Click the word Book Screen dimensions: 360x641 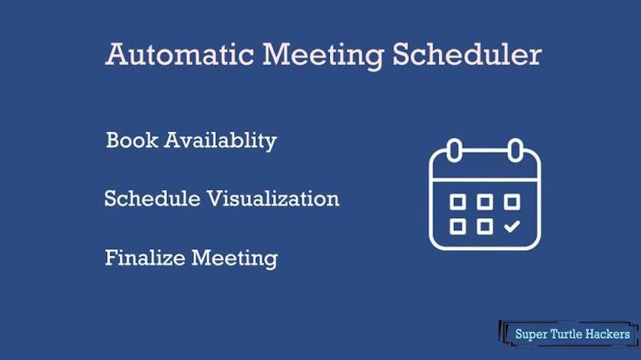pos(131,141)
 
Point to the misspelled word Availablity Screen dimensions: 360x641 pos(220,141)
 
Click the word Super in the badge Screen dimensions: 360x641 pos(531,334)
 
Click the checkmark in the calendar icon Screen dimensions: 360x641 pos(512,226)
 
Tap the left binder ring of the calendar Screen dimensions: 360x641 pos(455,149)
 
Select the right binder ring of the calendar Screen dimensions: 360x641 pos(515,149)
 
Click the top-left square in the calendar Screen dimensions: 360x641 pos(458,202)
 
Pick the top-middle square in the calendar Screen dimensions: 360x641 pos(484,202)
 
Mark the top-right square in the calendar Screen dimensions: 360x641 pos(511,202)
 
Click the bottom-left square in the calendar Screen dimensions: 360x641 pos(458,226)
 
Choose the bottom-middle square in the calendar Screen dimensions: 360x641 pos(484,226)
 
